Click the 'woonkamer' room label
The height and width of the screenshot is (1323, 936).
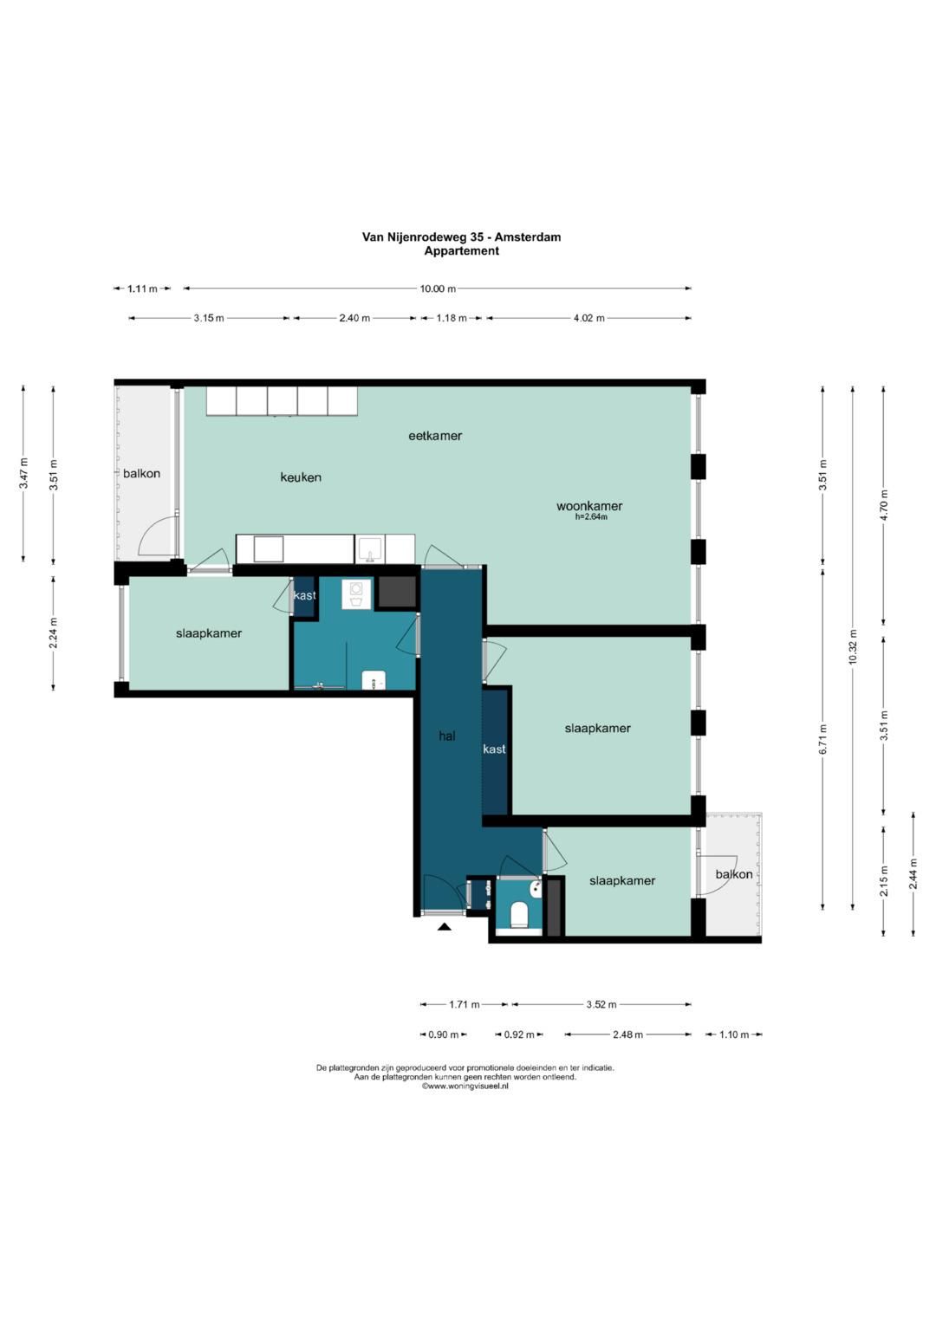[x=589, y=506]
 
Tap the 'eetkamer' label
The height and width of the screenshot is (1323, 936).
[x=435, y=436]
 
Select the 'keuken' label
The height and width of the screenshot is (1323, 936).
[x=301, y=477]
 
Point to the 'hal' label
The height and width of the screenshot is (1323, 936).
[x=446, y=736]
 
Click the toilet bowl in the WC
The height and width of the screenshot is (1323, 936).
[x=518, y=914]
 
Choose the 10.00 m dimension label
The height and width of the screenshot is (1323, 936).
[x=438, y=289]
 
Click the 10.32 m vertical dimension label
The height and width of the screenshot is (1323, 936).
[x=852, y=647]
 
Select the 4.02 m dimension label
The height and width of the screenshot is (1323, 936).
[x=589, y=318]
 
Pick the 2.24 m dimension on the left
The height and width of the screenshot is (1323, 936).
[x=53, y=633]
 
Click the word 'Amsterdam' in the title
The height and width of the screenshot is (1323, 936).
[x=528, y=237]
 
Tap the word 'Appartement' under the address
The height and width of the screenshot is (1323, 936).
[x=461, y=251]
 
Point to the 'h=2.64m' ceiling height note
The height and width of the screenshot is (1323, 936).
[x=591, y=516]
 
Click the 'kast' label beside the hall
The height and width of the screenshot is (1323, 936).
[x=494, y=749]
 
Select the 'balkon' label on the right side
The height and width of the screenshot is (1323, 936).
[x=734, y=874]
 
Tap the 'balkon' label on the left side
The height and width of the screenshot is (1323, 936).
[x=141, y=474]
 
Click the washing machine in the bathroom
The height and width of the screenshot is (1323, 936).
[x=356, y=593]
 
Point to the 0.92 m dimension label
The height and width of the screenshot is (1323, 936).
[x=519, y=1034]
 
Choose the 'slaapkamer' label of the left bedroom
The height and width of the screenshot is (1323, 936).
[x=209, y=633]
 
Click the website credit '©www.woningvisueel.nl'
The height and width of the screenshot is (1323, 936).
[x=465, y=1086]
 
